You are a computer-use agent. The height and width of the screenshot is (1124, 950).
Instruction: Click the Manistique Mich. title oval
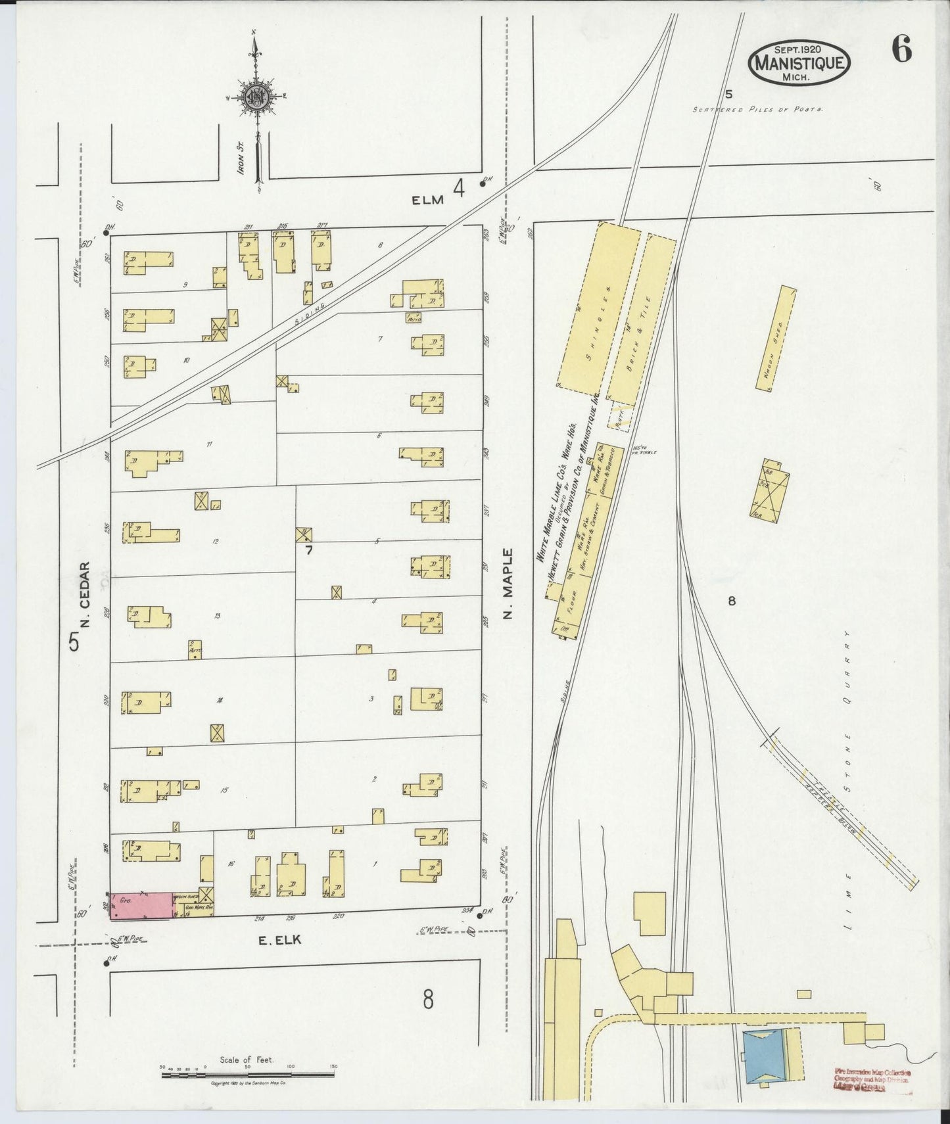point(799,63)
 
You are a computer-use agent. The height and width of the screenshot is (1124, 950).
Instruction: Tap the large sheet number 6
point(901,50)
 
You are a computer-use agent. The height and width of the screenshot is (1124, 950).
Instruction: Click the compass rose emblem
point(256,97)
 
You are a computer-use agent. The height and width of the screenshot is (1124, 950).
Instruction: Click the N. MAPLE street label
point(508,584)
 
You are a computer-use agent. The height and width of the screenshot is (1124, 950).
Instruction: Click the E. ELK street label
point(279,941)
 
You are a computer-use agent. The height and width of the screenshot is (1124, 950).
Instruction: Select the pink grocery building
point(141,905)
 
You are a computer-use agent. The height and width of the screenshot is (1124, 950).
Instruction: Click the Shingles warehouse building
point(598,306)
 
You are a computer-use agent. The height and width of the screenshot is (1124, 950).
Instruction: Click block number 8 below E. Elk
point(428,1000)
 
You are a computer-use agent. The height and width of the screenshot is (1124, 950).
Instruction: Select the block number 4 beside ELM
point(459,189)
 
